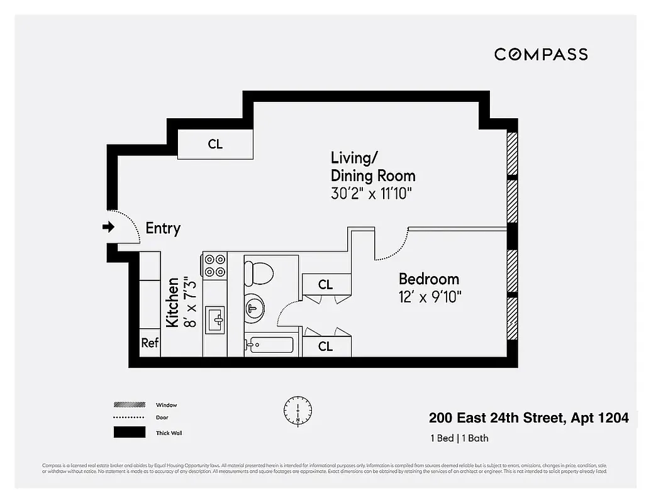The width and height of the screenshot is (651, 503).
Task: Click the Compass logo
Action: (x=541, y=54)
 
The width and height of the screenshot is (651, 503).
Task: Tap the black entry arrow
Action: (x=109, y=227)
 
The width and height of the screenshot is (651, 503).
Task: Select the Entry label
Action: (x=163, y=228)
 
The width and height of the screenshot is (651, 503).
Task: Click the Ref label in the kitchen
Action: (x=149, y=343)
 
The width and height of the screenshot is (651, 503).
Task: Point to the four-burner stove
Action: (x=215, y=265)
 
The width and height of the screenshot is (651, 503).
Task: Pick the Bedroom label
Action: (x=429, y=279)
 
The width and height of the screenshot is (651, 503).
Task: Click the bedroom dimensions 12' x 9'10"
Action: (x=431, y=297)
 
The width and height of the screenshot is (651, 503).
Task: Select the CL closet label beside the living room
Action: (x=215, y=144)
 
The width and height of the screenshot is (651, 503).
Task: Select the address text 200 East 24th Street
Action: (x=497, y=418)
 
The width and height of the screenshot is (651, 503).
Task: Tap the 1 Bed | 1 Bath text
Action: (x=459, y=438)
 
